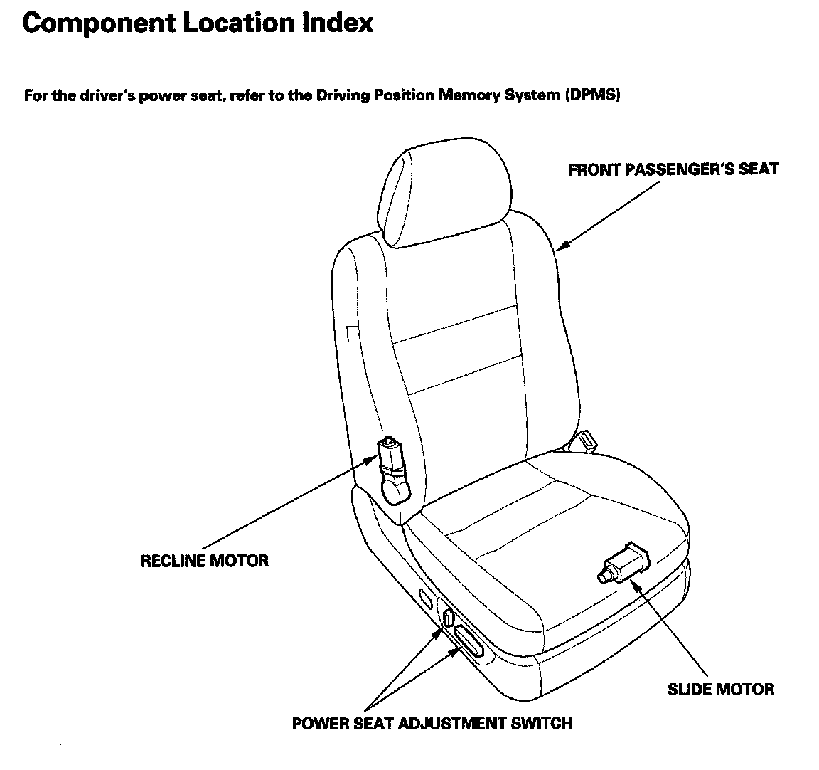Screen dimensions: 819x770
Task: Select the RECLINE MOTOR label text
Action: pos(205,561)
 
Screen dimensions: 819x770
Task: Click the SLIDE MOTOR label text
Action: pos(721,689)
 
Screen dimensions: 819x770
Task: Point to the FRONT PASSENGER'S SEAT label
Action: pos(673,169)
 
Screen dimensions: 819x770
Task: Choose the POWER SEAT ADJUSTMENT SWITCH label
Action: pos(432,724)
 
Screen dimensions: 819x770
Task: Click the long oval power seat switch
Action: pos(469,641)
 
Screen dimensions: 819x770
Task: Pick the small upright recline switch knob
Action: pos(448,616)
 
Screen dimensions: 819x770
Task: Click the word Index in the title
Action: pos(338,23)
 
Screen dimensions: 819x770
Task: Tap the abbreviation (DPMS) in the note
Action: pos(593,95)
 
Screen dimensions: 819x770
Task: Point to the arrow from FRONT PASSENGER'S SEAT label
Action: pos(608,214)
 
